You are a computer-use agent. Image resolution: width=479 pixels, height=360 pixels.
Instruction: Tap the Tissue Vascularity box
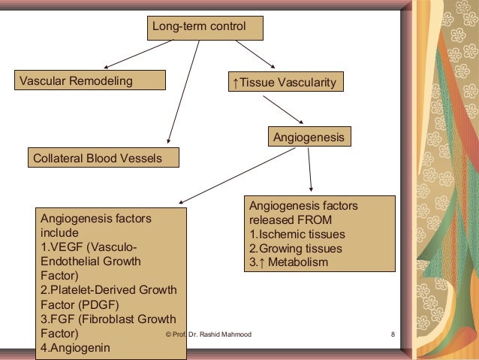(x=285, y=81)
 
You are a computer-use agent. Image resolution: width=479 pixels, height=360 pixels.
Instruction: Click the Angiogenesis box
(x=309, y=138)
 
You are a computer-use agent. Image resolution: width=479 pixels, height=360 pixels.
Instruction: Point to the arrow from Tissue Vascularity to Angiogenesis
(x=283, y=110)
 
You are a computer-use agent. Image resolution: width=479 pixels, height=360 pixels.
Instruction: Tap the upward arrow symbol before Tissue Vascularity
(x=235, y=82)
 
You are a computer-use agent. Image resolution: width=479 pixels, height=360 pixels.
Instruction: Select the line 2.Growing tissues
(x=295, y=248)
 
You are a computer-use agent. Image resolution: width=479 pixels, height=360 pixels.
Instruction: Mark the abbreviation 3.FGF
(x=56, y=319)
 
